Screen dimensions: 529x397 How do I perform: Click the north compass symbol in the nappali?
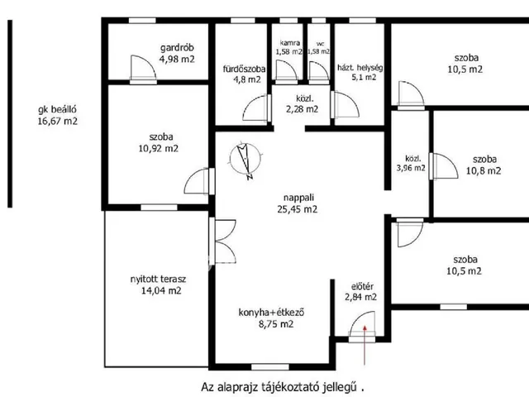click(245, 160)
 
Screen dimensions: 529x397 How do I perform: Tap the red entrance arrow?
click(365, 345)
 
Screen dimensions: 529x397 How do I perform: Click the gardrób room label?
click(177, 48)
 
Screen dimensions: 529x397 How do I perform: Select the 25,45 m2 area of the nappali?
click(298, 209)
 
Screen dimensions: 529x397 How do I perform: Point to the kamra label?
click(290, 43)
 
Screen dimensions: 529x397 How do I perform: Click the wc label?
click(320, 44)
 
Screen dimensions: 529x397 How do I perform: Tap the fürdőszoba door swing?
click(256, 108)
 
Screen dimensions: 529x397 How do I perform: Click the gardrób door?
click(143, 69)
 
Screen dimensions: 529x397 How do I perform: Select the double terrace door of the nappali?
click(222, 242)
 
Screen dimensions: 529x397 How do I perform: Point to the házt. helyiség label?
click(360, 68)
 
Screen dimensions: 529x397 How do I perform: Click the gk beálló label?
click(57, 110)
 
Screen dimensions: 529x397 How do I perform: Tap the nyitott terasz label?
click(158, 280)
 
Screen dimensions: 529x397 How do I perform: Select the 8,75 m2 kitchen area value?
click(276, 324)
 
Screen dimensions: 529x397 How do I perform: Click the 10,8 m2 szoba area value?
click(484, 171)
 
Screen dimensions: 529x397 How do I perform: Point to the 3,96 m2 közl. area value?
click(411, 168)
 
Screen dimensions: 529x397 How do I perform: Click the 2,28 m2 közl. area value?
click(302, 109)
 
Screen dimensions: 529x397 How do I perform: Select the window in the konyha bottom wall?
click(270, 367)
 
